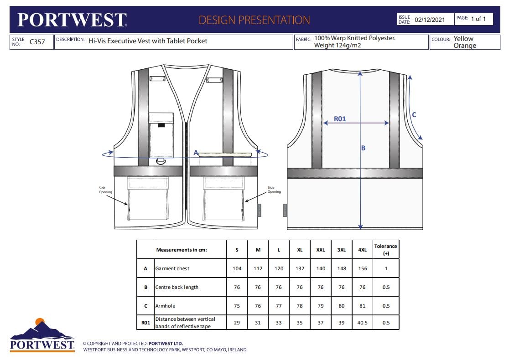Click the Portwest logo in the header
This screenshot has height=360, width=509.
point(72,20)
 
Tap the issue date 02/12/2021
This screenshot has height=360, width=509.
point(429,20)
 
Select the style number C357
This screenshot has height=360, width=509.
point(37,42)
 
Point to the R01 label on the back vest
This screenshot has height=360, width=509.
point(340,119)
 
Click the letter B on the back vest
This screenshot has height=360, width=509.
point(364,148)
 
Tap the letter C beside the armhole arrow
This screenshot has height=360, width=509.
point(414,115)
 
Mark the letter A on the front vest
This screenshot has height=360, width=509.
point(196,153)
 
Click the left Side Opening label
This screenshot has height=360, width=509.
point(105,190)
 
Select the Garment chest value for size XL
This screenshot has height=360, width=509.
point(300,268)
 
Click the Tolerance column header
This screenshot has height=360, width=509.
point(386,249)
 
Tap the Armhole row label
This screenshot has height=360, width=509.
point(165,306)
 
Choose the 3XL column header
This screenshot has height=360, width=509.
point(342,250)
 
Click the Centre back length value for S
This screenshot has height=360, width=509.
point(237,287)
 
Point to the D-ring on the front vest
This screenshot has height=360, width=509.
point(161,161)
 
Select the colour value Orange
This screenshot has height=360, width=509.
point(465,46)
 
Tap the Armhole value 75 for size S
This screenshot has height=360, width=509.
point(237,306)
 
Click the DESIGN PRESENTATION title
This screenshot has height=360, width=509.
point(254,20)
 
